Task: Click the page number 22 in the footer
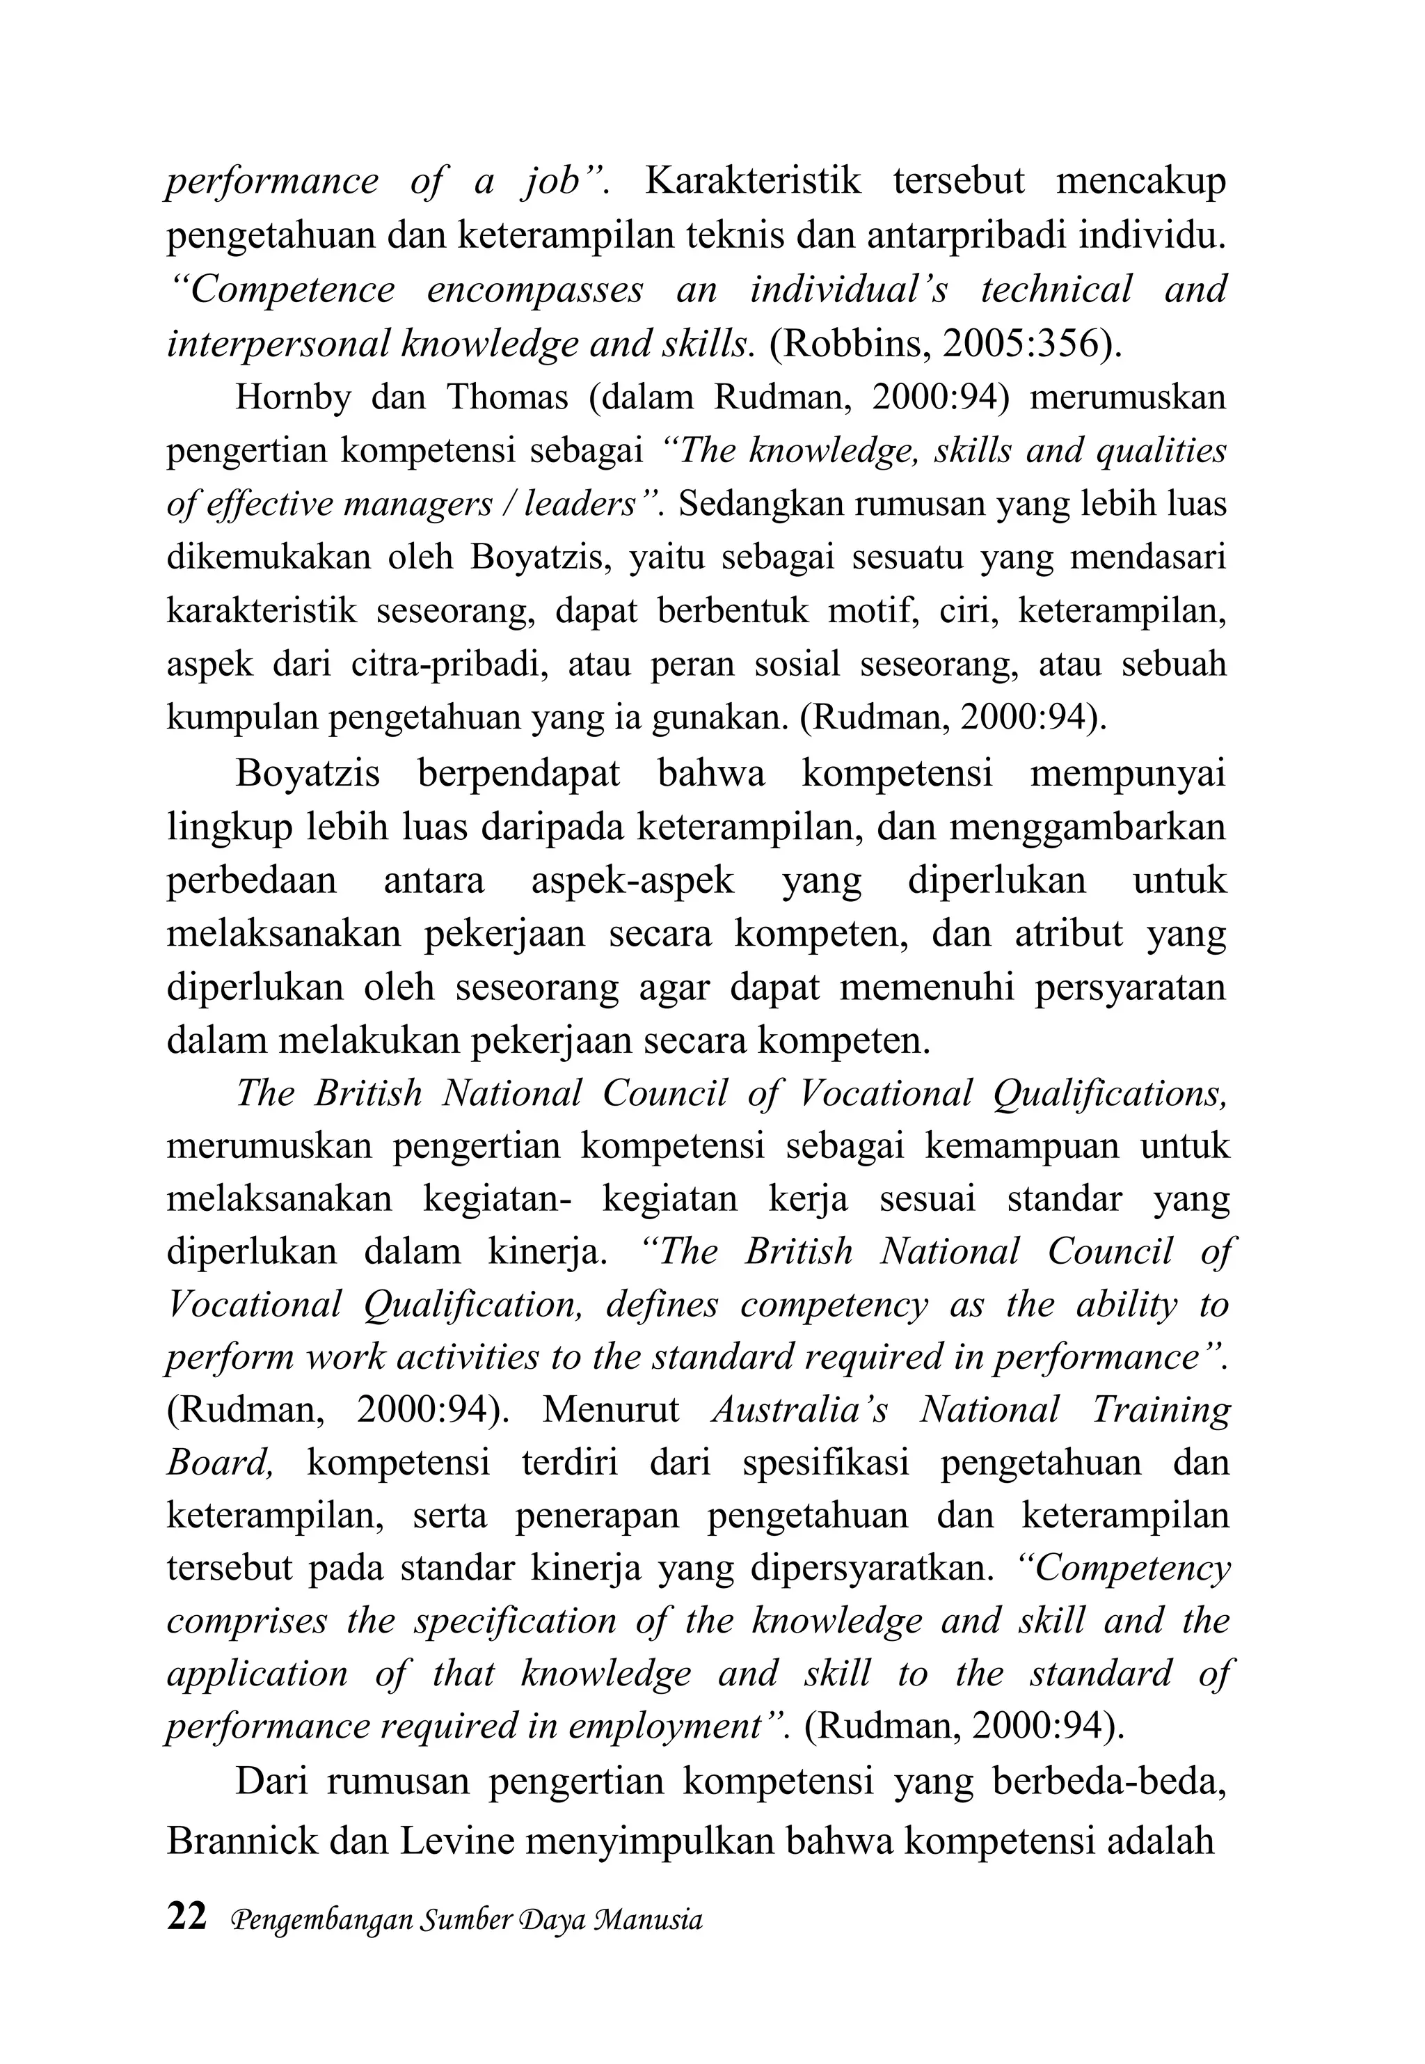[186, 1916]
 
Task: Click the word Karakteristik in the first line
[751, 181]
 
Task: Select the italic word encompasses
[534, 290]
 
